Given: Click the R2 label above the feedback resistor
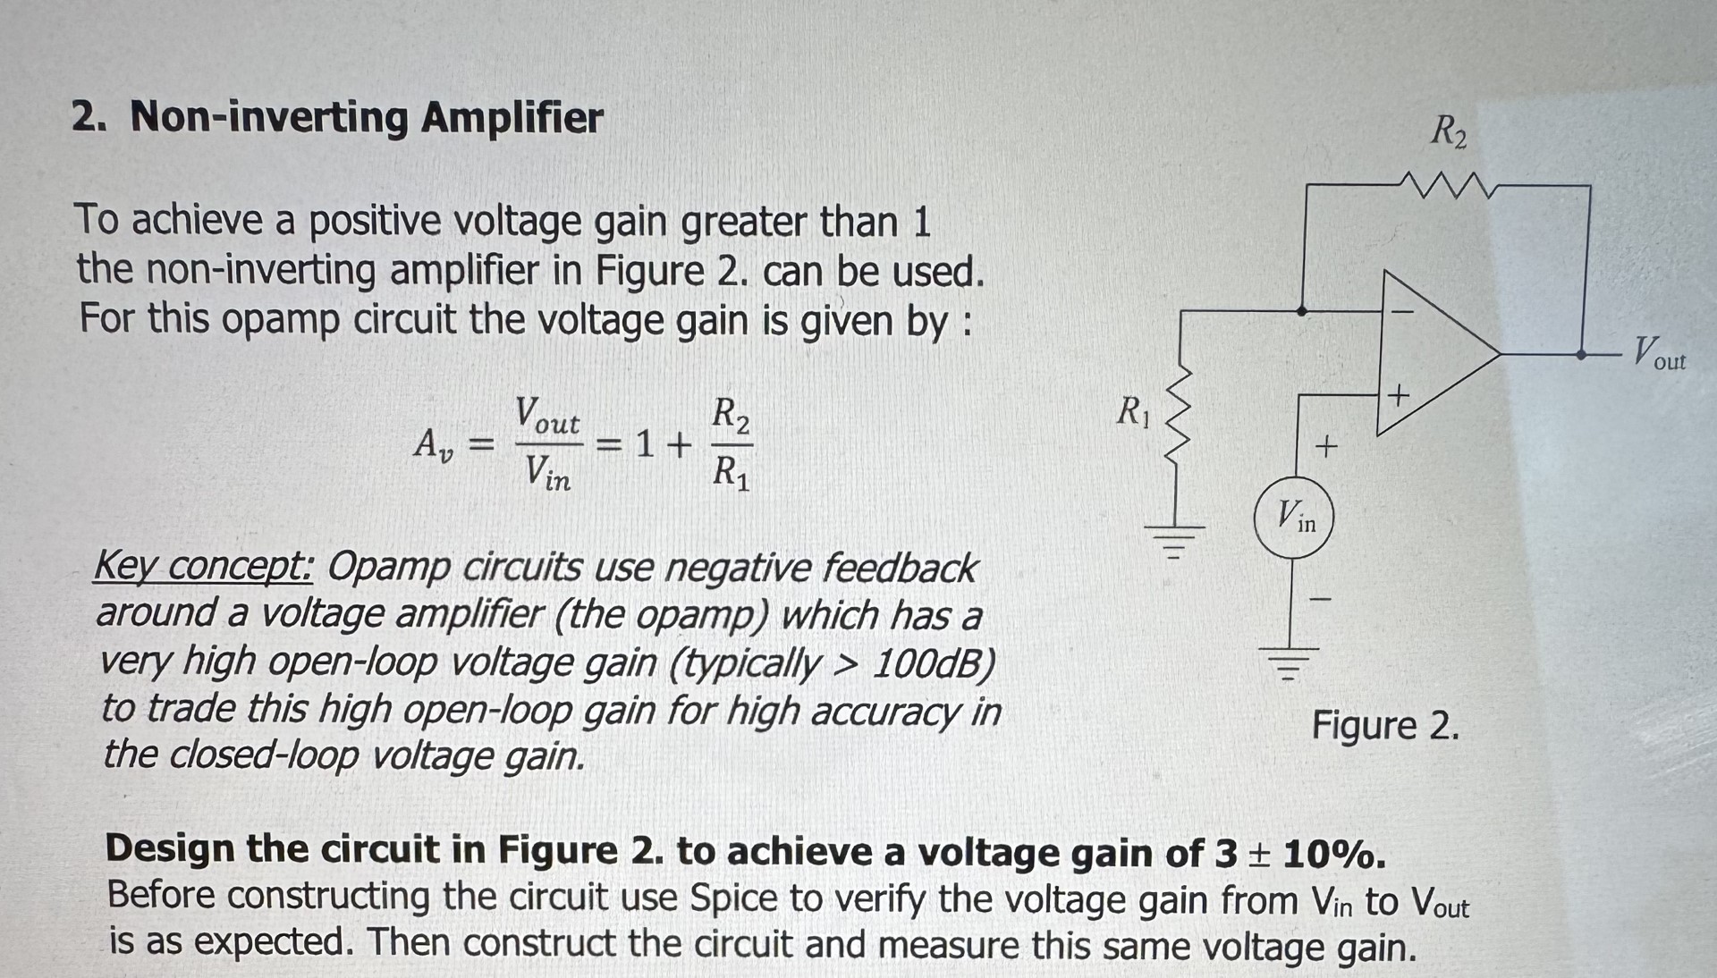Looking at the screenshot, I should pyautogui.click(x=1449, y=131).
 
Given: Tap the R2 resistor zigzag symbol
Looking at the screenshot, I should pyautogui.click(x=1447, y=186).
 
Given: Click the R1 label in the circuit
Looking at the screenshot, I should pyautogui.click(x=1133, y=412).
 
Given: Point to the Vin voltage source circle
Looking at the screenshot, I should pyautogui.click(x=1294, y=518).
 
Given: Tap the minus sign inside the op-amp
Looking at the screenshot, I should pyautogui.click(x=1401, y=312).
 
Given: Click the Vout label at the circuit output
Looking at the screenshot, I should pyautogui.click(x=1659, y=353).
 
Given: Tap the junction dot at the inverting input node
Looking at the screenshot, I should pyautogui.click(x=1302, y=311).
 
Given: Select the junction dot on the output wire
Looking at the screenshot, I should pyautogui.click(x=1581, y=355).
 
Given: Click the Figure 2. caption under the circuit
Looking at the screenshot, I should pyautogui.click(x=1384, y=726).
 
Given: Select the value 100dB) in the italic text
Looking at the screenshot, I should pyautogui.click(x=934, y=662).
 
